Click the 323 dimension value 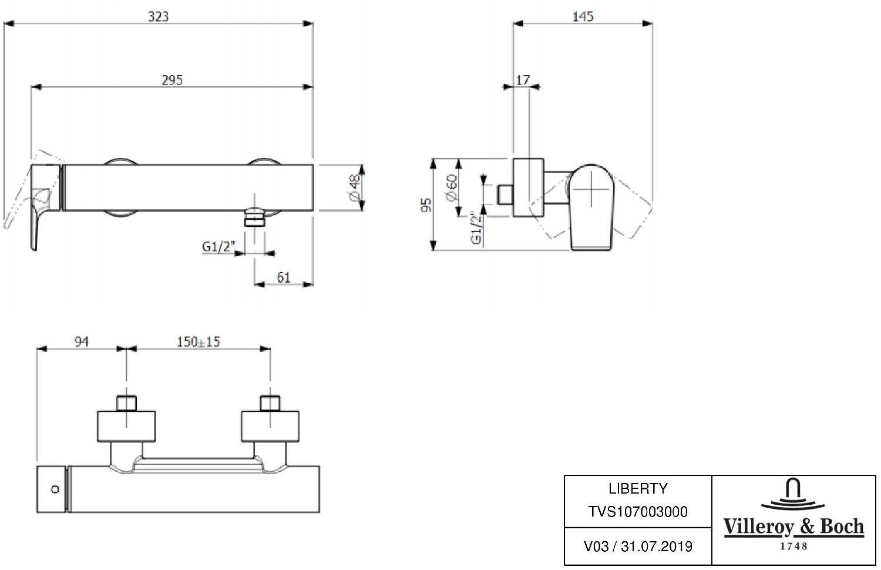point(158,16)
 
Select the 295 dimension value point(172,80)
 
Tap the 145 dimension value point(583,16)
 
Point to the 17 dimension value point(523,80)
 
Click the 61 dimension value point(284,277)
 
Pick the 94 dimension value point(82,341)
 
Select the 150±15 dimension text point(199,341)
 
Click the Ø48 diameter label point(354,187)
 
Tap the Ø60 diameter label point(452,187)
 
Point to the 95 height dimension point(427,205)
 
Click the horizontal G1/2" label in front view point(218,247)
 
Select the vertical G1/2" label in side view point(476,228)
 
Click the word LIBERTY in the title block point(638,488)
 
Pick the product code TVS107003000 point(638,512)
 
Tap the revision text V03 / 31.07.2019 point(638,546)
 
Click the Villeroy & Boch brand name point(793,527)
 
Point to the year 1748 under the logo point(793,546)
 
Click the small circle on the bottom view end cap point(55,489)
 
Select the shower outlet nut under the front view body point(254,218)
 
